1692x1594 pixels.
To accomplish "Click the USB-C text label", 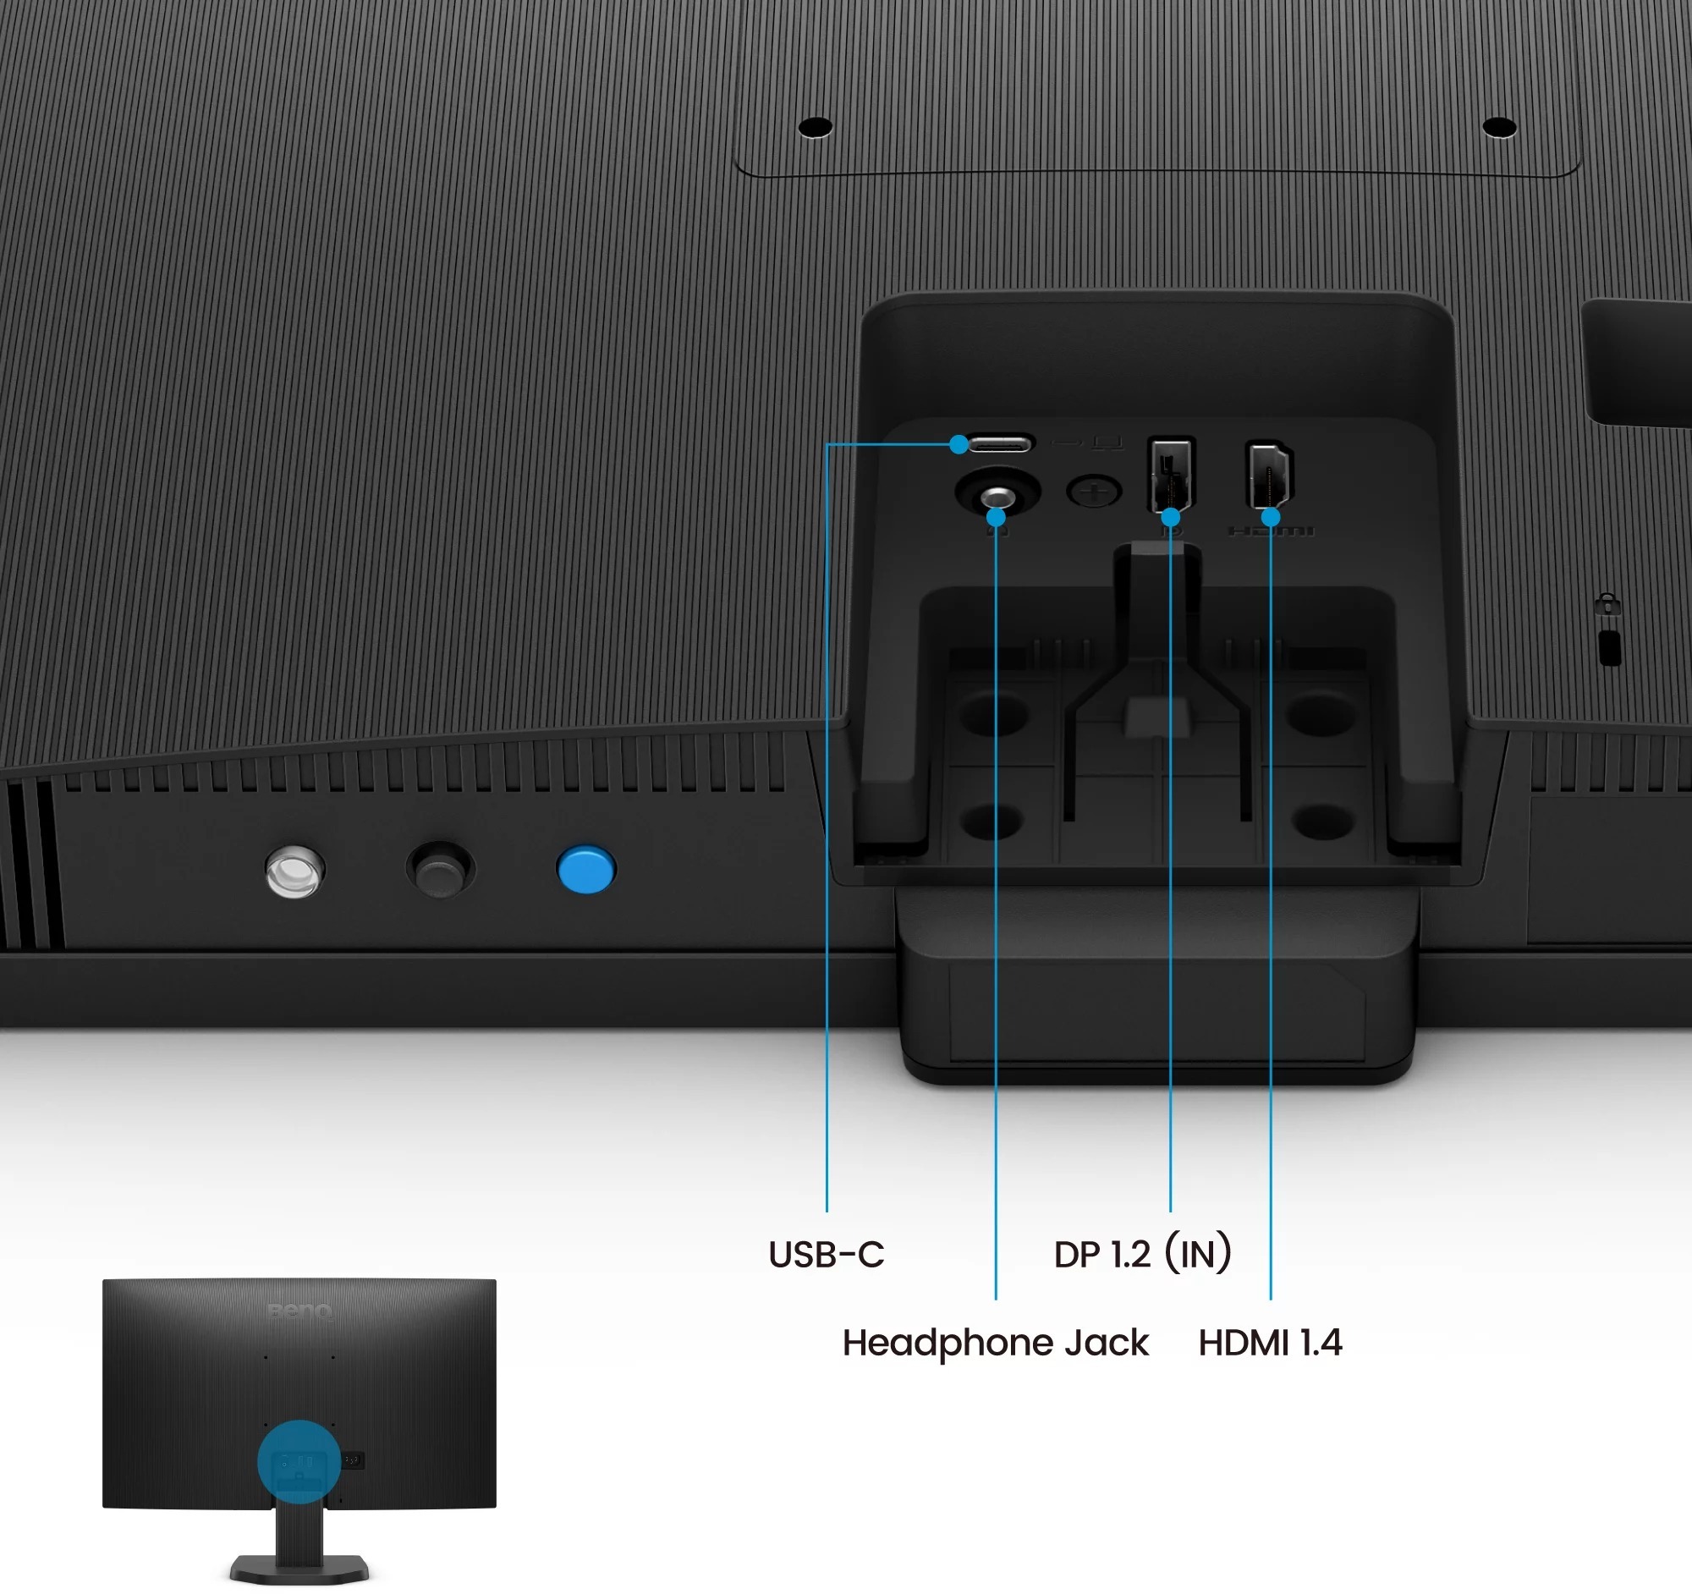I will click(826, 1255).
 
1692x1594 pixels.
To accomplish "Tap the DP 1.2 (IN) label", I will click(1141, 1254).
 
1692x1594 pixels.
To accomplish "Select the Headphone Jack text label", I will click(995, 1343).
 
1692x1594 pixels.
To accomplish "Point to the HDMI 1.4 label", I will click(1270, 1343).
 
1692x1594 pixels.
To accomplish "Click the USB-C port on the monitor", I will click(1001, 443).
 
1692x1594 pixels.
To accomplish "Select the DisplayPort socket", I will click(1171, 473).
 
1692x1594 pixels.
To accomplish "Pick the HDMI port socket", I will click(1269, 473).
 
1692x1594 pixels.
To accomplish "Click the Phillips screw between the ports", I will click(1094, 491).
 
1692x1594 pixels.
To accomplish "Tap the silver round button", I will click(294, 870).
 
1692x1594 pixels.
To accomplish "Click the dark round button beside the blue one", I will click(440, 869).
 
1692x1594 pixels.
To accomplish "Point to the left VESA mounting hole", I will click(816, 127).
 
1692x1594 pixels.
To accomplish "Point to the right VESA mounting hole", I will click(1499, 127).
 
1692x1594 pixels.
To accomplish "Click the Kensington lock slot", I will click(1609, 647).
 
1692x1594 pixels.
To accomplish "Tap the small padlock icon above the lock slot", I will click(1607, 604).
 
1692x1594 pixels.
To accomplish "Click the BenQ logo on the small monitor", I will click(299, 1310).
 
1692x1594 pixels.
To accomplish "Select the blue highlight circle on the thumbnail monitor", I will click(299, 1461).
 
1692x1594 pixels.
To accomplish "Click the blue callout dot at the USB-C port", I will click(959, 443).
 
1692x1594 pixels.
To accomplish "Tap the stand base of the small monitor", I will click(299, 1568).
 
